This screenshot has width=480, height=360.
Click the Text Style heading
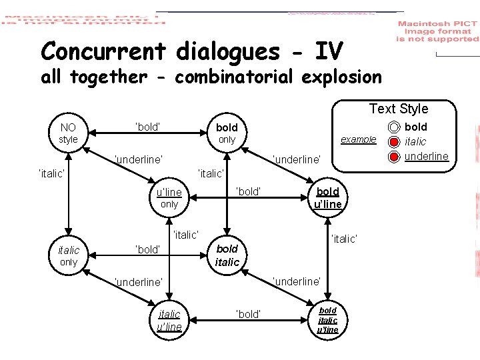click(399, 109)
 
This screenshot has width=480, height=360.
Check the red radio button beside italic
click(394, 142)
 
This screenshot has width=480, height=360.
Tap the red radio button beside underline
click(394, 157)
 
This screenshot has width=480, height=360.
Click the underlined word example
click(358, 140)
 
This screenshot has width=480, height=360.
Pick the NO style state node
click(68, 133)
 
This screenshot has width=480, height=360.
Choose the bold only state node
click(227, 133)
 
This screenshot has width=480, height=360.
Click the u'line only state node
click(169, 199)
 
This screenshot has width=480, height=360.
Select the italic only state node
click(69, 256)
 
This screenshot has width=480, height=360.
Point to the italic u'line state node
click(169, 319)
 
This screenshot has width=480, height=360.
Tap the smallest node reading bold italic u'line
click(327, 319)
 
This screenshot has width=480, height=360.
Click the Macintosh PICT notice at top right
click(437, 31)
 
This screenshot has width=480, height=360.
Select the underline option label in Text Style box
click(426, 157)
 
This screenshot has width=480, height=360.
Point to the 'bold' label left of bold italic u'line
click(249, 314)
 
